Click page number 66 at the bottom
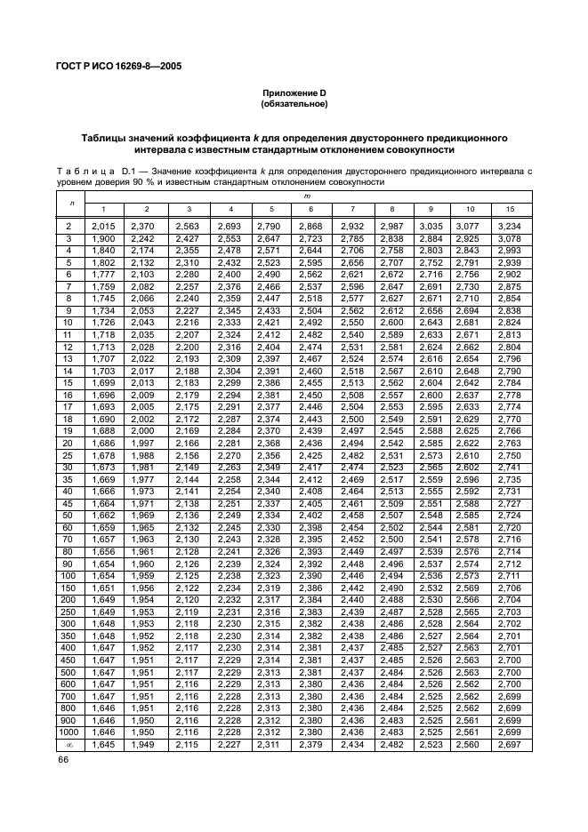[x=64, y=760]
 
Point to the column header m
[x=308, y=194]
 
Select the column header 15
[x=509, y=209]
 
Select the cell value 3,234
[x=509, y=228]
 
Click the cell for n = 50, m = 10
[x=467, y=515]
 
